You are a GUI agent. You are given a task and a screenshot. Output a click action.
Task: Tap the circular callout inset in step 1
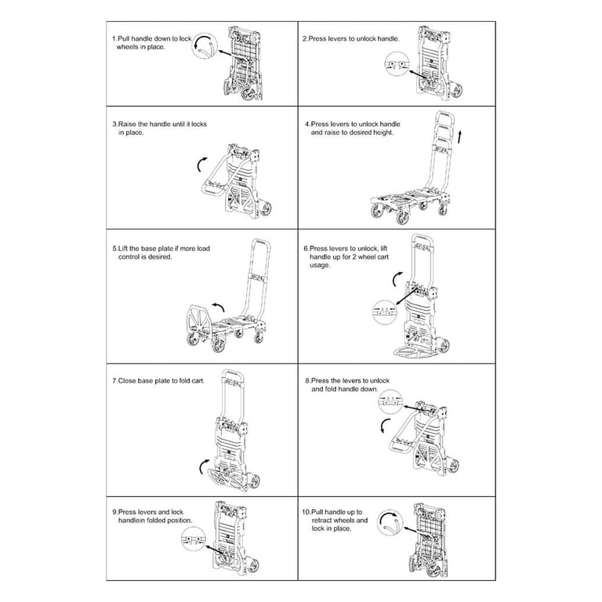(205, 46)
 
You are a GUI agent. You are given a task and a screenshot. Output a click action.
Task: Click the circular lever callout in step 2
(397, 63)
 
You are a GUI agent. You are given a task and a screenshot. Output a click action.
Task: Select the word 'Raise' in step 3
(127, 124)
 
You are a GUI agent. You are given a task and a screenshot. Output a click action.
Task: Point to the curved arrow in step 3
(200, 165)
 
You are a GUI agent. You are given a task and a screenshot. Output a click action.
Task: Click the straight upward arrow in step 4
(459, 137)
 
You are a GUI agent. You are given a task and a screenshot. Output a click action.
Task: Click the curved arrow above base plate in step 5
(219, 306)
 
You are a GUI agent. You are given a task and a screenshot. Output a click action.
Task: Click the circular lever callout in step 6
(385, 312)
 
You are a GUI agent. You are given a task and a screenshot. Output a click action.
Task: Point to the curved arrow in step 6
(397, 279)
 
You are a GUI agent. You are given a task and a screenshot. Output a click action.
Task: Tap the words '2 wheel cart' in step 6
(368, 257)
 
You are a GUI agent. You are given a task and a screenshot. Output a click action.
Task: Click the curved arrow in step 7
(204, 466)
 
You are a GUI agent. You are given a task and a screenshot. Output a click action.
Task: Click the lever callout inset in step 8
(390, 401)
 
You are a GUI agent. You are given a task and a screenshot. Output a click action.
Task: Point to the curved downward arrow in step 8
(385, 426)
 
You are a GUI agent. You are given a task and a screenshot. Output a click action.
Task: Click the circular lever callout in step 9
(193, 539)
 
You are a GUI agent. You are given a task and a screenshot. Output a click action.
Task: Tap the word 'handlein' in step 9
(132, 520)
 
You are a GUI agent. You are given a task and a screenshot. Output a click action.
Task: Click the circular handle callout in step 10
(390, 523)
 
